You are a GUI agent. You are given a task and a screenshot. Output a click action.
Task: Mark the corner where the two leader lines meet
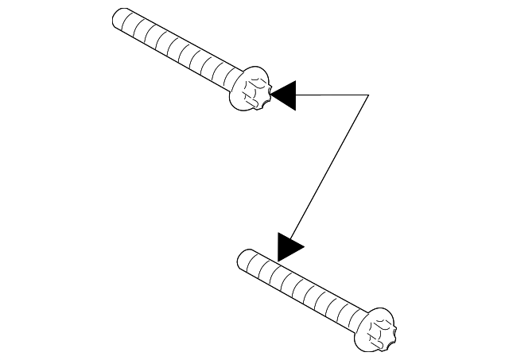point(369,95)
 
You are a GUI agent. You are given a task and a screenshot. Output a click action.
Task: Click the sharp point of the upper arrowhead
point(271,95)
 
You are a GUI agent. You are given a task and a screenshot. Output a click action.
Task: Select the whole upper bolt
point(191,56)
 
